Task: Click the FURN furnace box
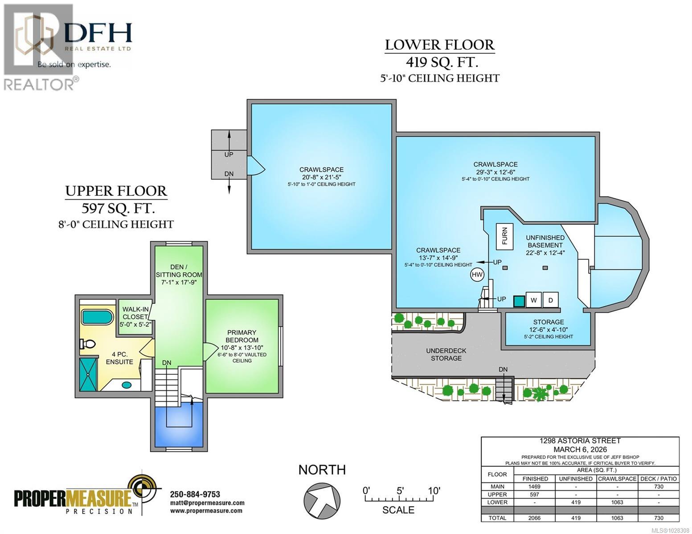coord(505,236)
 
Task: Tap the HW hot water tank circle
coord(477,275)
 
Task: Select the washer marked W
coord(533,300)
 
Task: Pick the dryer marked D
coord(551,300)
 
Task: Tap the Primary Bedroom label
coord(242,336)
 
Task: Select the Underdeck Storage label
coord(446,354)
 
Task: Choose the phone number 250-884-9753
coord(195,494)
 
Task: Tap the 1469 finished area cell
coord(534,486)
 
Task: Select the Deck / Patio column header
coord(659,479)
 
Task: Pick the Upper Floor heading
coord(116,191)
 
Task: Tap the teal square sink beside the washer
coord(518,301)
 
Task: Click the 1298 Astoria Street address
coord(580,441)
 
